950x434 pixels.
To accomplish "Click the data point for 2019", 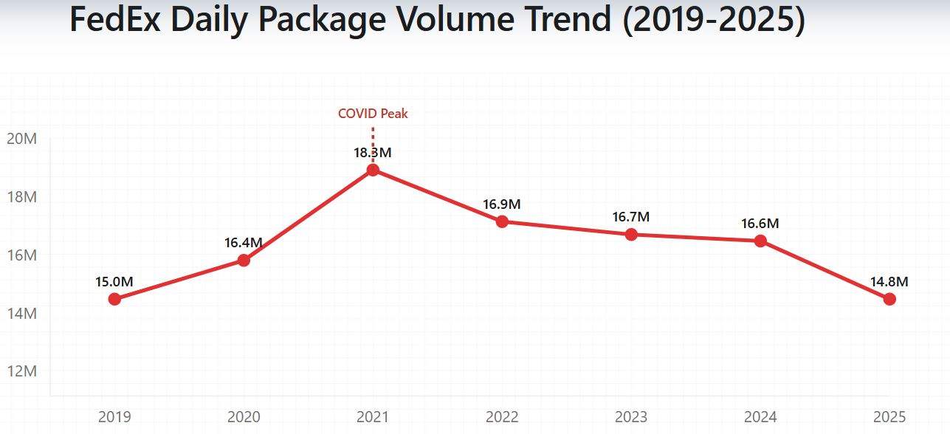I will [114, 299].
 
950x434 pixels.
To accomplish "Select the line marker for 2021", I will [373, 170].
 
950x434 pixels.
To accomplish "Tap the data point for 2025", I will [889, 299].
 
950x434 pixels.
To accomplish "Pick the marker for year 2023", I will [631, 235].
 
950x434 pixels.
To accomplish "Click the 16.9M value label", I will [502, 204].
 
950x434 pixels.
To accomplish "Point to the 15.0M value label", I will [114, 281].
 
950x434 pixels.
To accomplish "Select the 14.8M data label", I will [889, 281].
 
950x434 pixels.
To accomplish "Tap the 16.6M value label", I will [760, 223].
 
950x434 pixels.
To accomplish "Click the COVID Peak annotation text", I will [373, 114].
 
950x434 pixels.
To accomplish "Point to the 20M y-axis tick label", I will [21, 138].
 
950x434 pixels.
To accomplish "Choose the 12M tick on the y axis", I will [21, 371].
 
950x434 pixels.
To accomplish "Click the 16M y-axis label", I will [21, 255].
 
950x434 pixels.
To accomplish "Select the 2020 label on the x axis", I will [244, 417].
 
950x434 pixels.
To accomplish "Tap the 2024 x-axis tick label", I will [760, 417].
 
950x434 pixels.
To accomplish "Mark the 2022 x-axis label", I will [502, 417].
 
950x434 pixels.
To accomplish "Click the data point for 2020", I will [244, 261].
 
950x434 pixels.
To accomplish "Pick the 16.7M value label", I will [631, 217].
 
